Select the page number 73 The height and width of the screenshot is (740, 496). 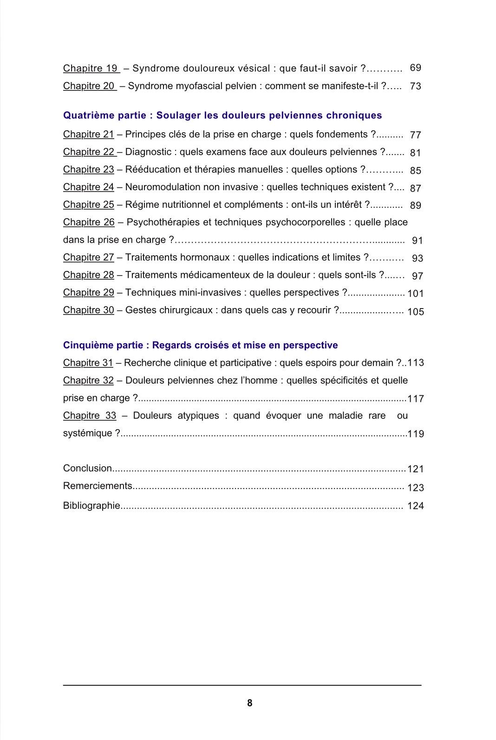tap(415, 86)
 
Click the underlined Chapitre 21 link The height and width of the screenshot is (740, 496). tap(88, 135)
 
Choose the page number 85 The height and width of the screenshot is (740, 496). tap(415, 170)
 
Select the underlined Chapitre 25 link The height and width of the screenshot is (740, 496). tap(88, 205)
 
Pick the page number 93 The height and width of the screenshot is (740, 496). tap(417, 258)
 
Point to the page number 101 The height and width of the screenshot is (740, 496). tap(415, 294)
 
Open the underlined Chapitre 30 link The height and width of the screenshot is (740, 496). tap(88, 310)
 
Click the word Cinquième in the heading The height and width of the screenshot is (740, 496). tap(83, 345)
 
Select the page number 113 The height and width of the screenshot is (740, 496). tap(415, 363)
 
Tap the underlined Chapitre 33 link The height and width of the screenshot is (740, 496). tap(89, 416)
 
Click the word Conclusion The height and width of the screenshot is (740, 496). tap(87, 469)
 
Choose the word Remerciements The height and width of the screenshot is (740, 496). tap(98, 486)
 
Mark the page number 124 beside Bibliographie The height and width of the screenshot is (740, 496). tap(415, 506)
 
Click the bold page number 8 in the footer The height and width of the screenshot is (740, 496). tap(249, 703)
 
